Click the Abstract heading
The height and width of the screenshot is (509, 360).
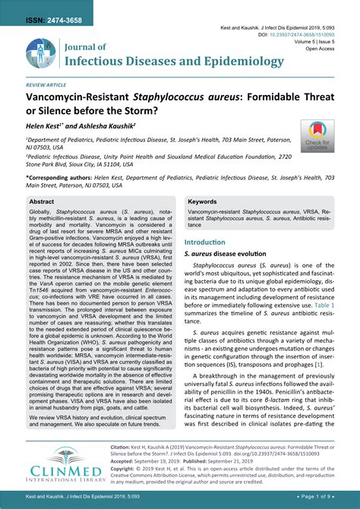pyautogui.click(x=43, y=202)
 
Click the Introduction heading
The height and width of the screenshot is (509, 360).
pyautogui.click(x=206, y=242)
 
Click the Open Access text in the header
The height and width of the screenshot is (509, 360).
pyautogui.click(x=320, y=48)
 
